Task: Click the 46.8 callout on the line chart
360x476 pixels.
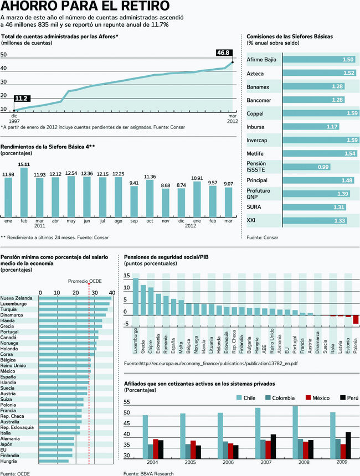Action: pyautogui.click(x=223, y=53)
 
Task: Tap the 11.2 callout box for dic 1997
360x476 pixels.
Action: pyautogui.click(x=22, y=98)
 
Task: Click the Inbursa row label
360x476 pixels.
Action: pyautogui.click(x=255, y=127)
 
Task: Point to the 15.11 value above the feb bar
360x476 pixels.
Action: pyautogui.click(x=24, y=164)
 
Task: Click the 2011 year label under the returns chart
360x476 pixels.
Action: pyautogui.click(x=39, y=226)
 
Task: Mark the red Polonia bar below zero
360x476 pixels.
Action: pyautogui.click(x=356, y=319)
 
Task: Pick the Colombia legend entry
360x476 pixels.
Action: pyautogui.click(x=281, y=397)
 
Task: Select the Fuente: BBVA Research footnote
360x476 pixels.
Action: pyautogui.click(x=148, y=473)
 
